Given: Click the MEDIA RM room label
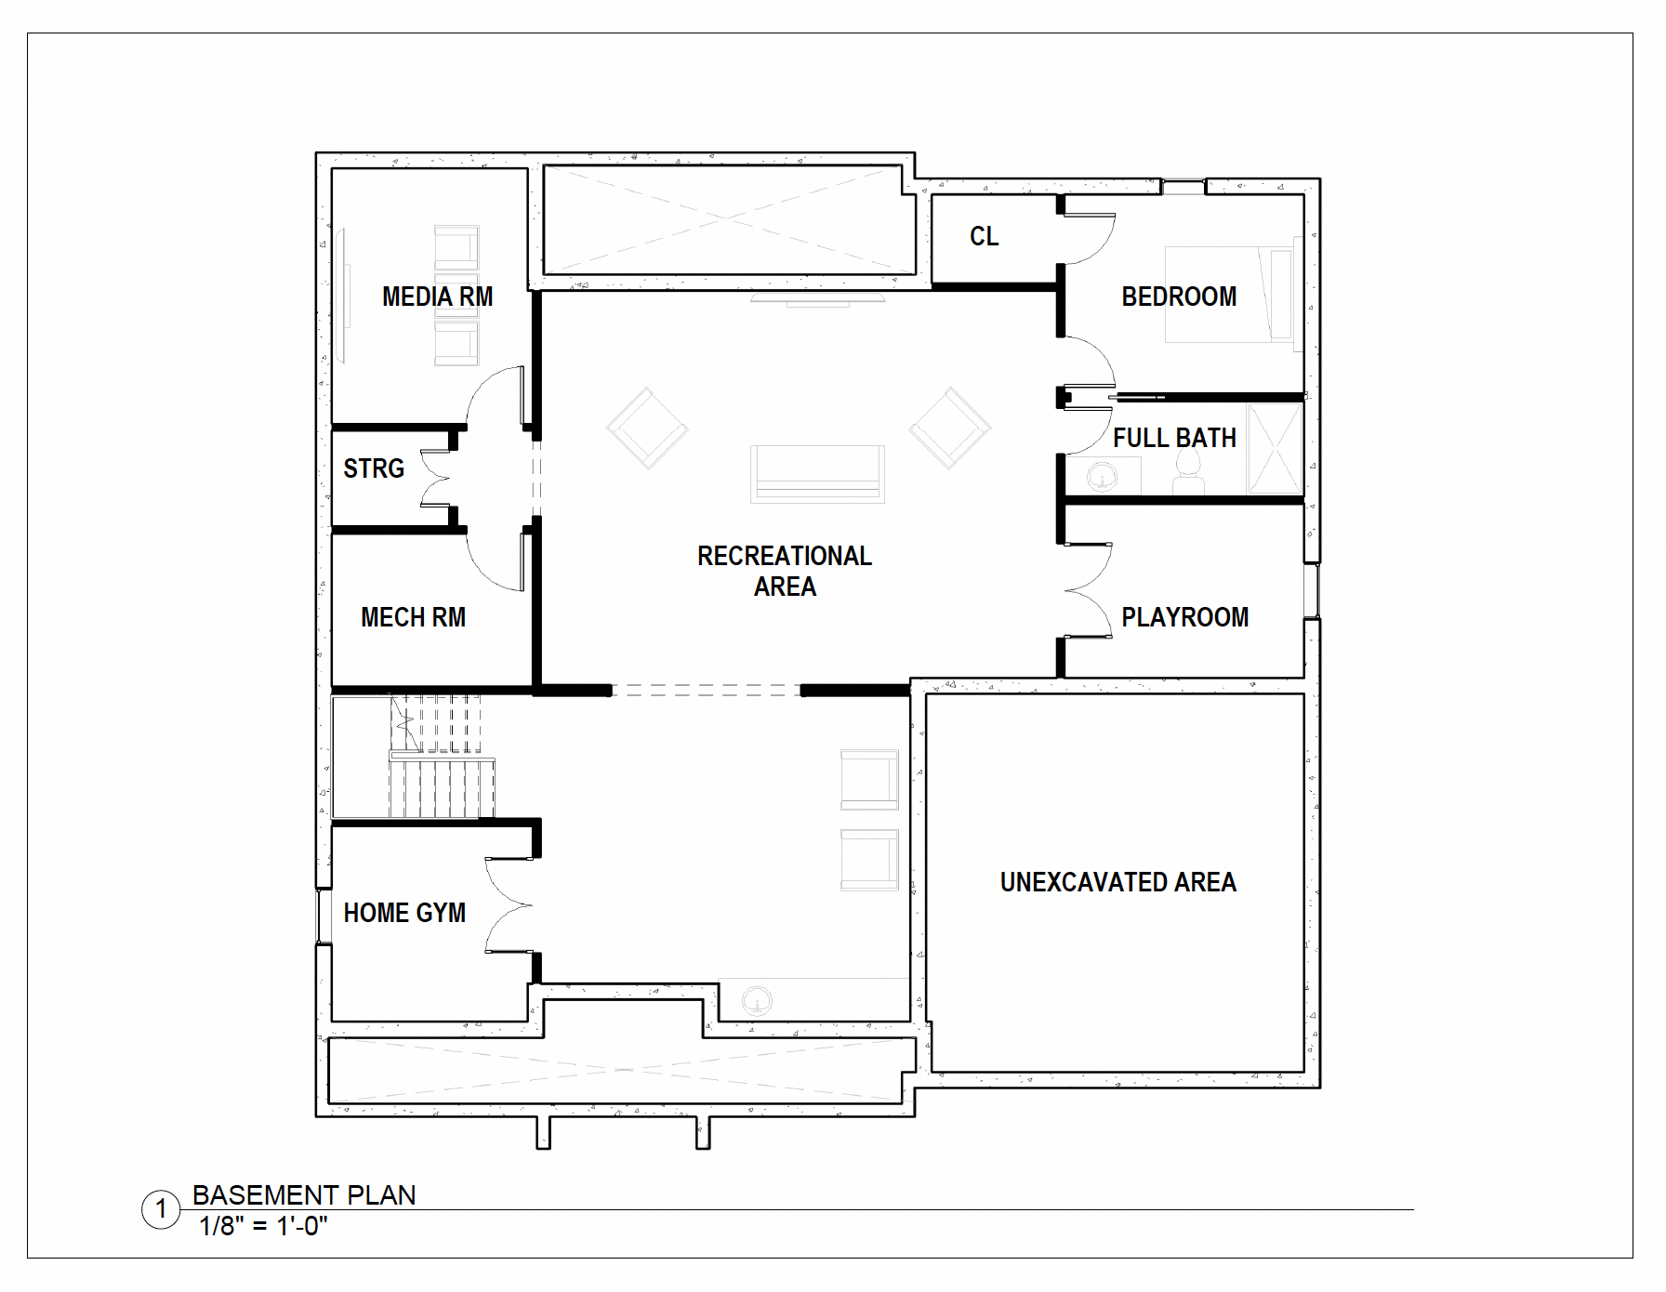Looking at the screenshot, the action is [437, 297].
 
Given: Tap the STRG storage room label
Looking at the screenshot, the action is [374, 468].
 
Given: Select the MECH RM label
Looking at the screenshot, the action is [413, 617].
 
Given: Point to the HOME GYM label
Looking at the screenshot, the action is [404, 913].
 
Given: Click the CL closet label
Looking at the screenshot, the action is [984, 236].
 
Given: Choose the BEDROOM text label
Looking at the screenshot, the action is [1179, 297].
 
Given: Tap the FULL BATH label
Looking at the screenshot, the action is [1175, 438].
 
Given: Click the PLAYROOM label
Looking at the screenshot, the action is [1184, 617].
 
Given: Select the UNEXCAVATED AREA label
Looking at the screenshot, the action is [1118, 882].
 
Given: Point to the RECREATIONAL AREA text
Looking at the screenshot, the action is [785, 571].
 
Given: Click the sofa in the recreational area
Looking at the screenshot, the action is [817, 473].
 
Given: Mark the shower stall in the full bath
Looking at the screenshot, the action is [1275, 449].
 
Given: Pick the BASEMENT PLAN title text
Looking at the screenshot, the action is [304, 1195].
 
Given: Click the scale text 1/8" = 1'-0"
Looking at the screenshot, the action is [263, 1226].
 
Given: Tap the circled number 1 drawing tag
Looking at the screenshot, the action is [161, 1209].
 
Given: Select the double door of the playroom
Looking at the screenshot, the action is [1089, 590].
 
